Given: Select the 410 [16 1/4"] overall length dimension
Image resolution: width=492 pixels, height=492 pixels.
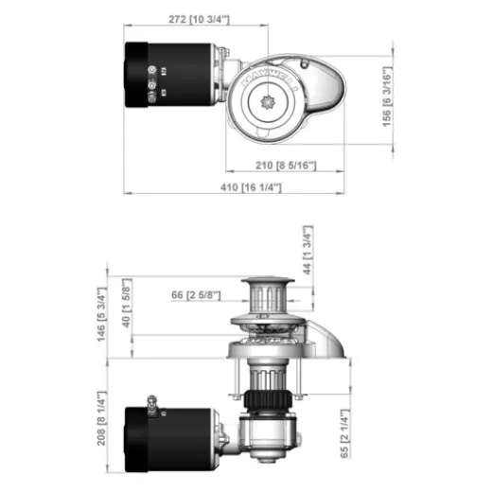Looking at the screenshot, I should pos(255,187).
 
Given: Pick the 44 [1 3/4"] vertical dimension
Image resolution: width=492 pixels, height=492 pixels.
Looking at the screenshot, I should pos(307,252).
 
